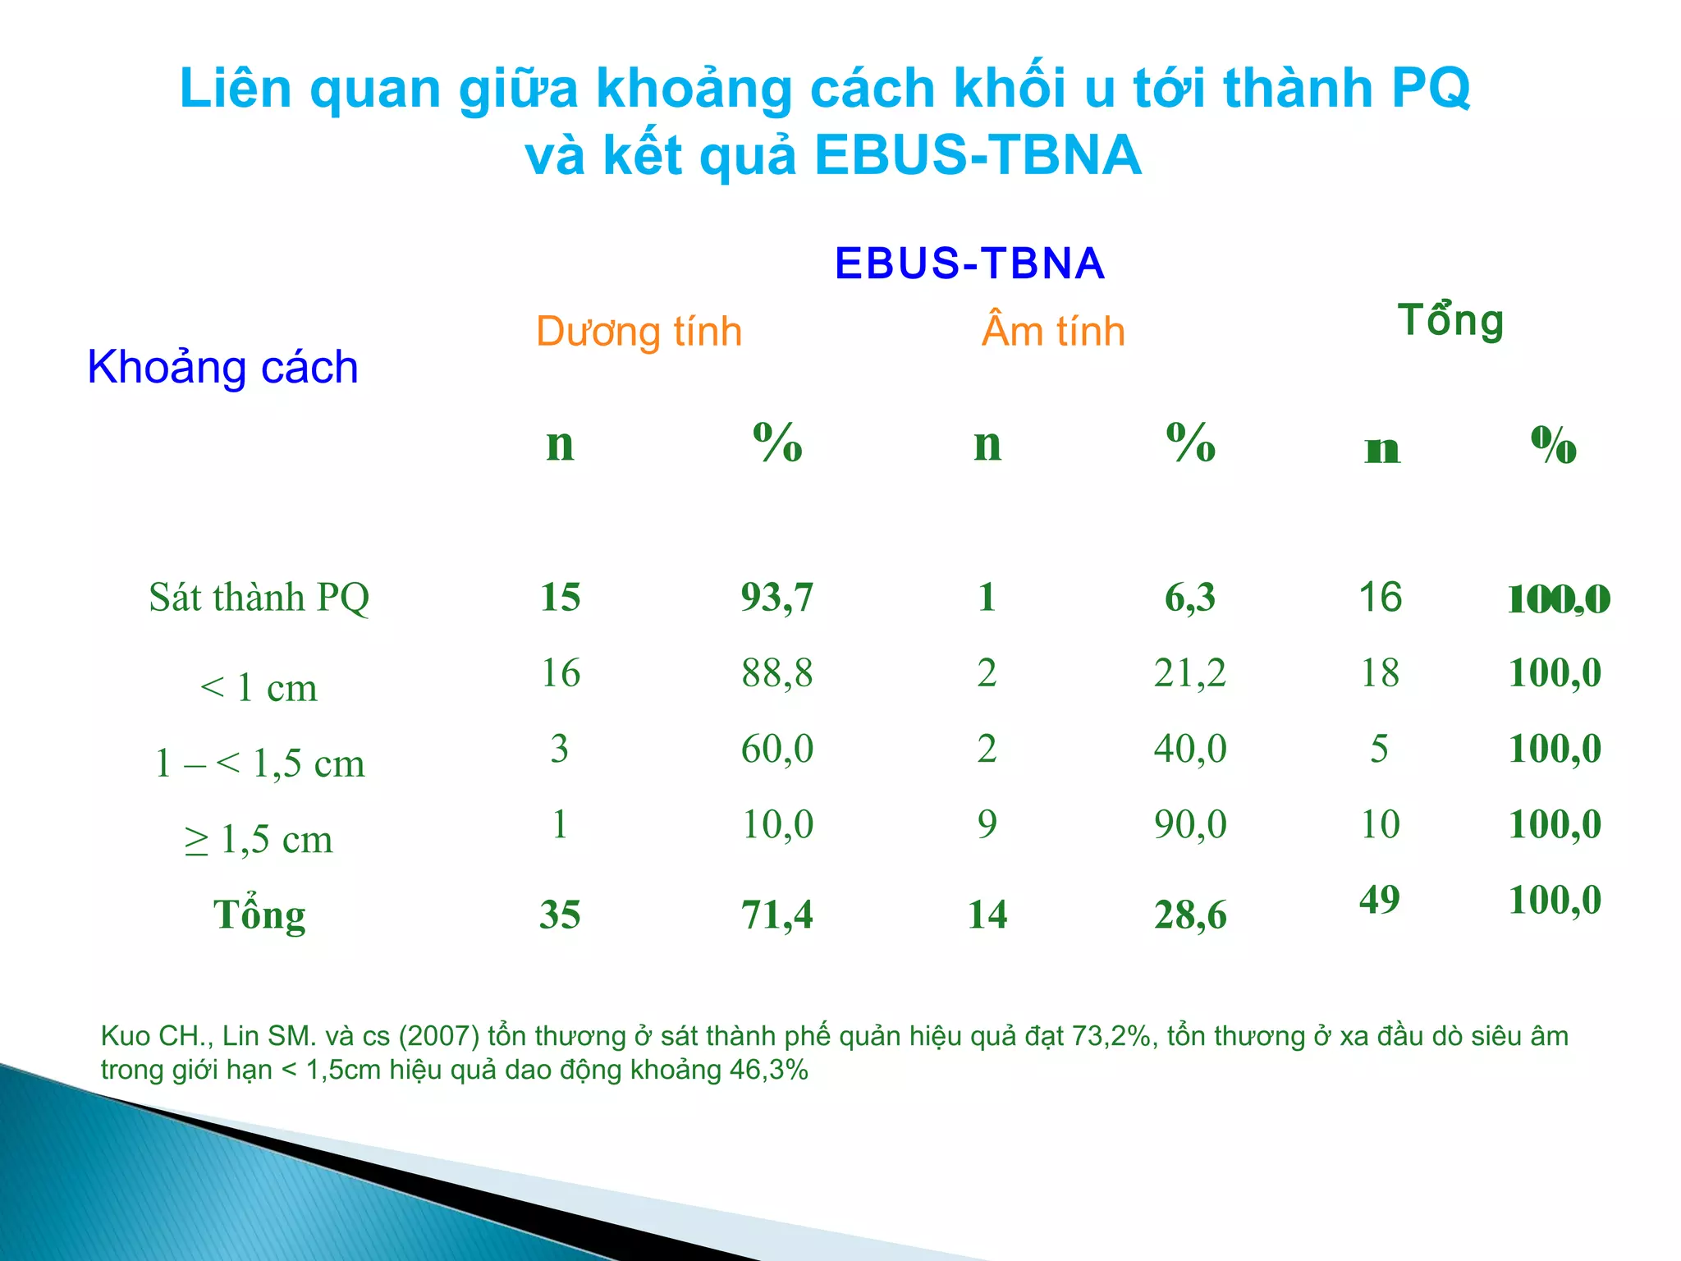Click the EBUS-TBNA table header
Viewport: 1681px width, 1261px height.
pyautogui.click(x=969, y=264)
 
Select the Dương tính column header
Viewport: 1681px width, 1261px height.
pyautogui.click(x=639, y=332)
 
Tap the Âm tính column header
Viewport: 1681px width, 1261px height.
pyautogui.click(x=1053, y=332)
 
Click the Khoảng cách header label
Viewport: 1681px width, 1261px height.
pyautogui.click(x=222, y=367)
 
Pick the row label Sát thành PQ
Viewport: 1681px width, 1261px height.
pyautogui.click(x=259, y=598)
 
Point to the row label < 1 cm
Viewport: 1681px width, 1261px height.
pyautogui.click(x=259, y=688)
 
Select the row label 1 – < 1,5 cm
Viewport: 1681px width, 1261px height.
pyautogui.click(x=259, y=763)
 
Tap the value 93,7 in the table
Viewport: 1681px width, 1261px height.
pyautogui.click(x=776, y=598)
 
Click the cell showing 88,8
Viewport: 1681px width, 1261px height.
pyautogui.click(x=776, y=673)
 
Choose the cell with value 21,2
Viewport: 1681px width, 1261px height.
pyautogui.click(x=1189, y=673)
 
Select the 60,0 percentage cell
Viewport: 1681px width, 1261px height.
pyautogui.click(x=776, y=749)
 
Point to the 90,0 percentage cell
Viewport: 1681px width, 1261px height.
pyautogui.click(x=1189, y=824)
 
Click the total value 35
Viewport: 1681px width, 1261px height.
pyautogui.click(x=560, y=915)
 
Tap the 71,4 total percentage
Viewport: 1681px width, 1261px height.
pyautogui.click(x=776, y=915)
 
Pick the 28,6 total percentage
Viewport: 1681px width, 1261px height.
pyautogui.click(x=1189, y=915)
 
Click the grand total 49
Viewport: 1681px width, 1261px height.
pyautogui.click(x=1379, y=900)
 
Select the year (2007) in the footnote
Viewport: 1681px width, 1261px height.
pyautogui.click(x=439, y=1036)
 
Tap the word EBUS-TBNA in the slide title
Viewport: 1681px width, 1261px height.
pyautogui.click(x=978, y=155)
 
